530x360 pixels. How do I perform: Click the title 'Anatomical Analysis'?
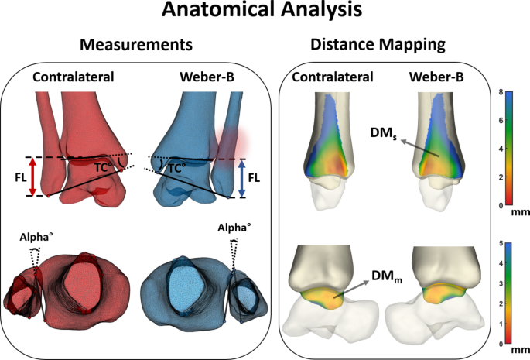click(x=265, y=12)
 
